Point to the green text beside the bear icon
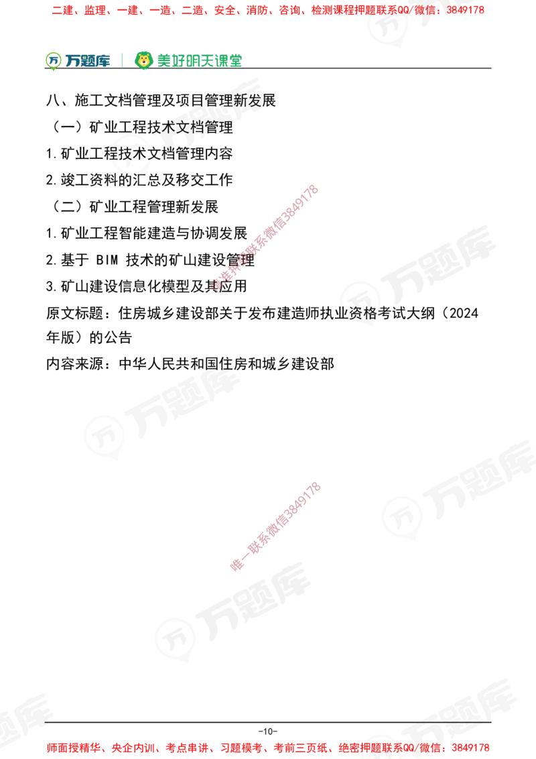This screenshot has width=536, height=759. [x=199, y=60]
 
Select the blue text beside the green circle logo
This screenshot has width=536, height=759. [x=87, y=60]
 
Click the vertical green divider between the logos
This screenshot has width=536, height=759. [x=121, y=59]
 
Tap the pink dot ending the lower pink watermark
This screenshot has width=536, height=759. [x=236, y=565]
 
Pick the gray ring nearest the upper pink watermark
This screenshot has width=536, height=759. [x=361, y=301]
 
